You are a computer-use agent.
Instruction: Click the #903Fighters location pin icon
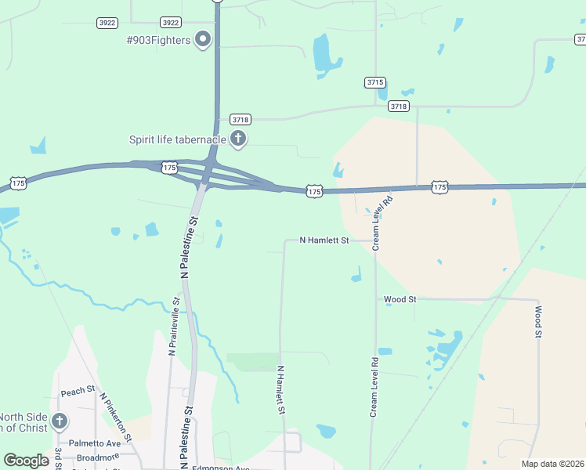pos(204,38)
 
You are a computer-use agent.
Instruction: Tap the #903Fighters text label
pos(159,40)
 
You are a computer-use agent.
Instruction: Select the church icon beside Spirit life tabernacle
pos(238,139)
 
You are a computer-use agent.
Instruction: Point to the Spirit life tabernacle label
pos(178,139)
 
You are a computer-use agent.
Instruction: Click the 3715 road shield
pos(375,82)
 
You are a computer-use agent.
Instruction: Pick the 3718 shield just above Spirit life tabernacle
pos(241,119)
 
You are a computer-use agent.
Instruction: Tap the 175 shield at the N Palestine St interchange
pos(169,168)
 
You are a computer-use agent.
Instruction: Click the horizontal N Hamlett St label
pos(324,240)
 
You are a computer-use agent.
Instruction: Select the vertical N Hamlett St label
pos(280,389)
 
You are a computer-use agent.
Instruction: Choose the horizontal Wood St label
pos(400,299)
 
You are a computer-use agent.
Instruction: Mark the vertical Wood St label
pos(539,322)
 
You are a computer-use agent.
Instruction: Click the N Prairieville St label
pos(173,326)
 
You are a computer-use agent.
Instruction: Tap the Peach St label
pos(78,391)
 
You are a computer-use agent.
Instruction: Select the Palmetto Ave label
pos(93,443)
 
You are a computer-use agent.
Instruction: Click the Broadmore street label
pos(98,456)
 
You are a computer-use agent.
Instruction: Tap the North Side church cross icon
pos(59,422)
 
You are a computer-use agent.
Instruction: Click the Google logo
pos(26,461)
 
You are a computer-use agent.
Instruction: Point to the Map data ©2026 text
pos(552,464)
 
